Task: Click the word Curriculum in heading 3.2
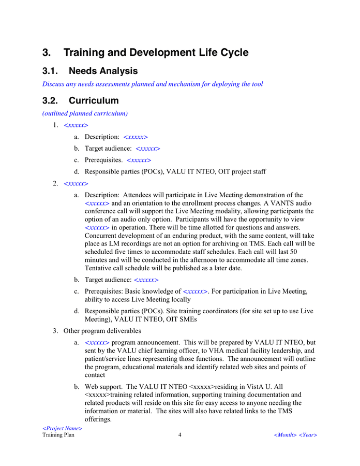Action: click(94, 100)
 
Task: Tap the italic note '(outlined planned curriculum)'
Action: click(85, 113)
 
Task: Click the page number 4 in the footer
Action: click(180, 435)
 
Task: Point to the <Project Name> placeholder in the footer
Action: click(63, 429)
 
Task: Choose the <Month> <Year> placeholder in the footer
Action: click(295, 435)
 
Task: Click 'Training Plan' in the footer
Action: click(58, 435)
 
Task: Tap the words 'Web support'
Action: click(103, 387)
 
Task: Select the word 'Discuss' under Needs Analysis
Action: click(54, 84)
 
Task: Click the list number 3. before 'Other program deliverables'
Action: click(55, 330)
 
